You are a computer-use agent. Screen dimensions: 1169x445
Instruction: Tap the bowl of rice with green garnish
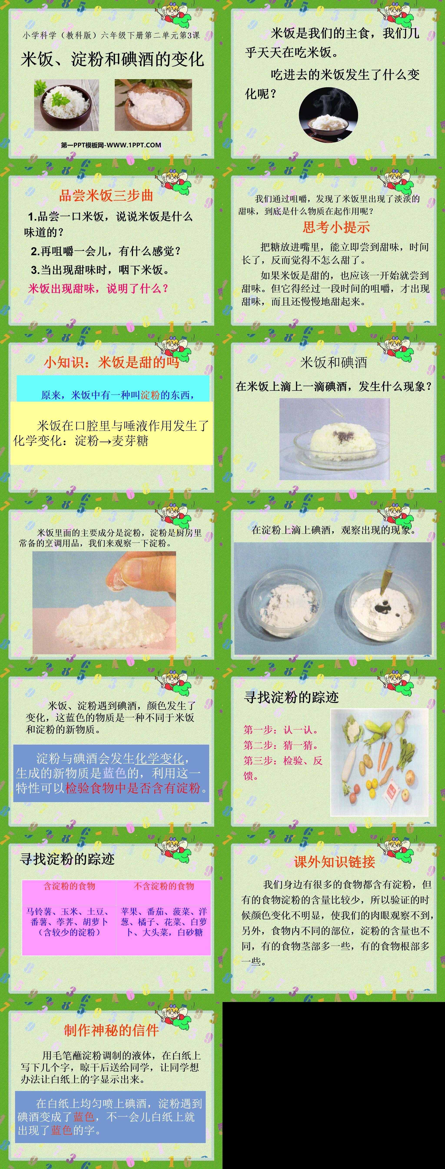click(x=66, y=105)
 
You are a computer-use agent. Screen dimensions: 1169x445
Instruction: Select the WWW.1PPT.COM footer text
click(x=111, y=145)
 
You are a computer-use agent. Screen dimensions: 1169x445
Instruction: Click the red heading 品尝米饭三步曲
click(x=106, y=195)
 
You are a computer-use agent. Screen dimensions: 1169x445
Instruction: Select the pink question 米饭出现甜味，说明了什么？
click(x=98, y=288)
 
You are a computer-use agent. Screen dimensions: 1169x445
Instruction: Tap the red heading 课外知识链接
click(x=334, y=862)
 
